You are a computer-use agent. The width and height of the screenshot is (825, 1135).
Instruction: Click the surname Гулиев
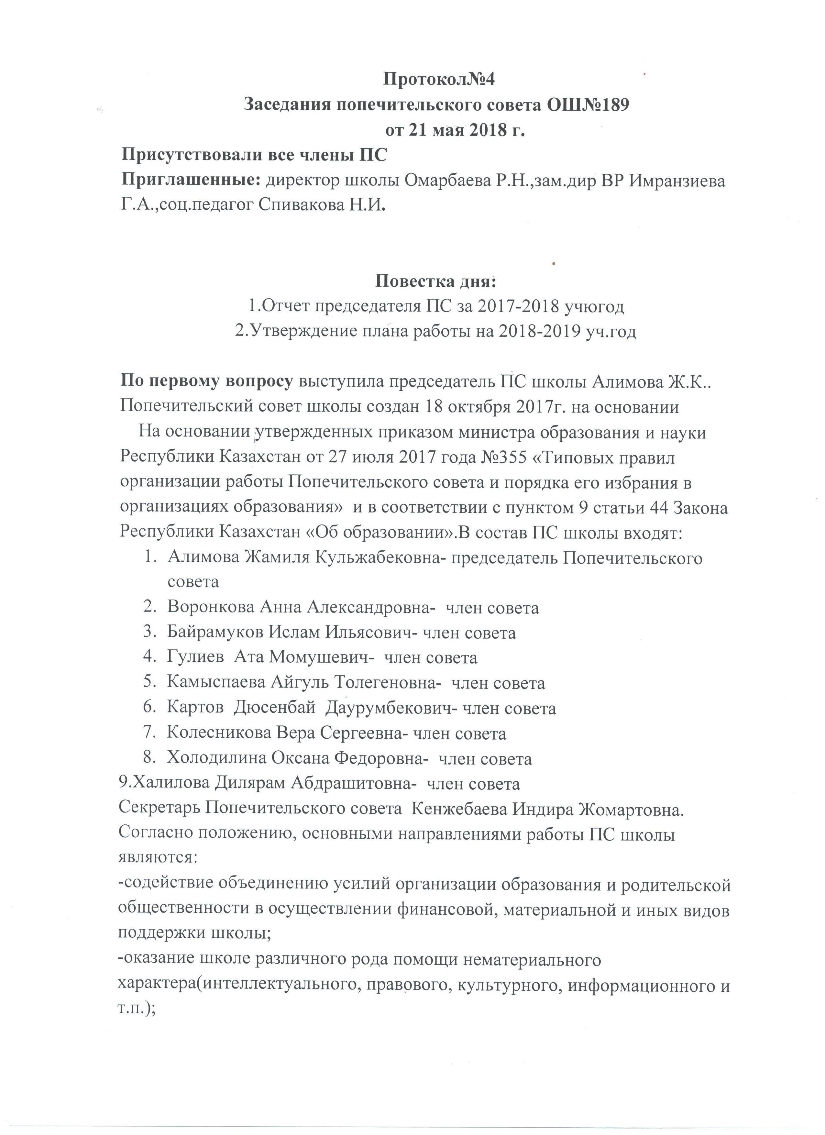click(x=196, y=657)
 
